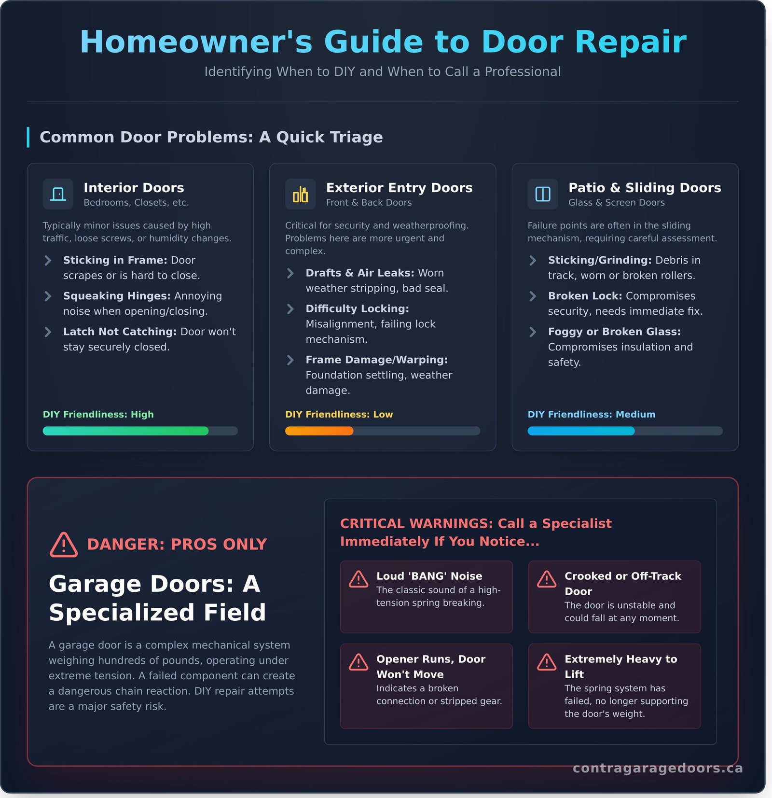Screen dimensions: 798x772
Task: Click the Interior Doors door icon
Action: [58, 194]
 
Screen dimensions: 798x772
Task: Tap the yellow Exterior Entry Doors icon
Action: [300, 194]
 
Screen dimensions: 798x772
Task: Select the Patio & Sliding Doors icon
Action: [543, 194]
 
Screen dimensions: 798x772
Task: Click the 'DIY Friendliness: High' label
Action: [98, 414]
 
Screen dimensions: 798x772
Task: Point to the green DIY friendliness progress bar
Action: [125, 431]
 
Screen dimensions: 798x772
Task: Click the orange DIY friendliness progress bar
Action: [319, 431]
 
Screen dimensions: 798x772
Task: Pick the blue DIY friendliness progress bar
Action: [581, 431]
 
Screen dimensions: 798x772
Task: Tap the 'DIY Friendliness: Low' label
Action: [339, 414]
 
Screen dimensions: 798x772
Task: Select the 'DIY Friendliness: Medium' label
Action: [591, 414]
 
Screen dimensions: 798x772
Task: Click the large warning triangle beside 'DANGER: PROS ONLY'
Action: [64, 545]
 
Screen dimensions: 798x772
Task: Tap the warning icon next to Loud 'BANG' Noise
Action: [358, 579]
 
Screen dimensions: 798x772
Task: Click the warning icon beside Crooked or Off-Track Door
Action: [547, 579]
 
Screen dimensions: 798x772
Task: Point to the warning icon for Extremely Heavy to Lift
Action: [547, 662]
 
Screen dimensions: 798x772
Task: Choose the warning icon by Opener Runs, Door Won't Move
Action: [358, 662]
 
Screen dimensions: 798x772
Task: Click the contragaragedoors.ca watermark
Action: [658, 768]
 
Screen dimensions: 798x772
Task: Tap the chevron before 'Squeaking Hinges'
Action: [48, 296]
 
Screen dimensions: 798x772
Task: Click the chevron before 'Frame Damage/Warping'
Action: [290, 360]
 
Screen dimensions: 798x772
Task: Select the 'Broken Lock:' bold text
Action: [585, 296]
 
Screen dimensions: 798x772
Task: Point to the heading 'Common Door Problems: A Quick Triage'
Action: [211, 137]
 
